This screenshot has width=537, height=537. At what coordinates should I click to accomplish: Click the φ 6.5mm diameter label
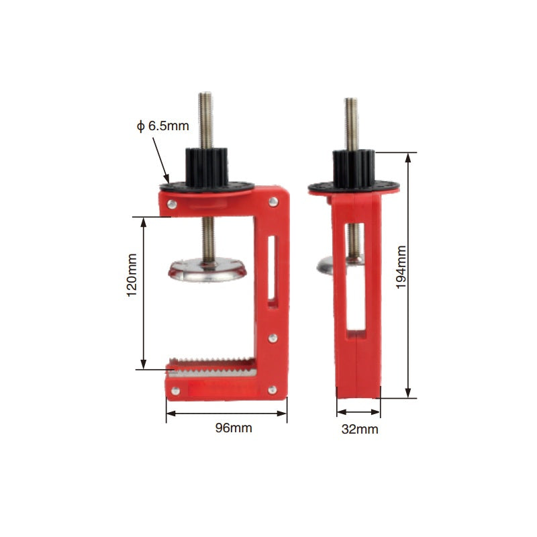pos(163,125)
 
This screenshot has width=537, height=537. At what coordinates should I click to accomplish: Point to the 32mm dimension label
pos(360,429)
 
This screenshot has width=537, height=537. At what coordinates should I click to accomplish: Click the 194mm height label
pos(401,266)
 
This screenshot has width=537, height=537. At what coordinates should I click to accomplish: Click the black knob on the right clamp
pos(353,168)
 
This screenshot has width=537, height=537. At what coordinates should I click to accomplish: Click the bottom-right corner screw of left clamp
pos(273,389)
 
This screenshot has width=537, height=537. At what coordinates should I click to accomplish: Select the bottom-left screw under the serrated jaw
pos(175,389)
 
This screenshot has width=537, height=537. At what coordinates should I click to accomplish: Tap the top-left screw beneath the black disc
pos(173,203)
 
